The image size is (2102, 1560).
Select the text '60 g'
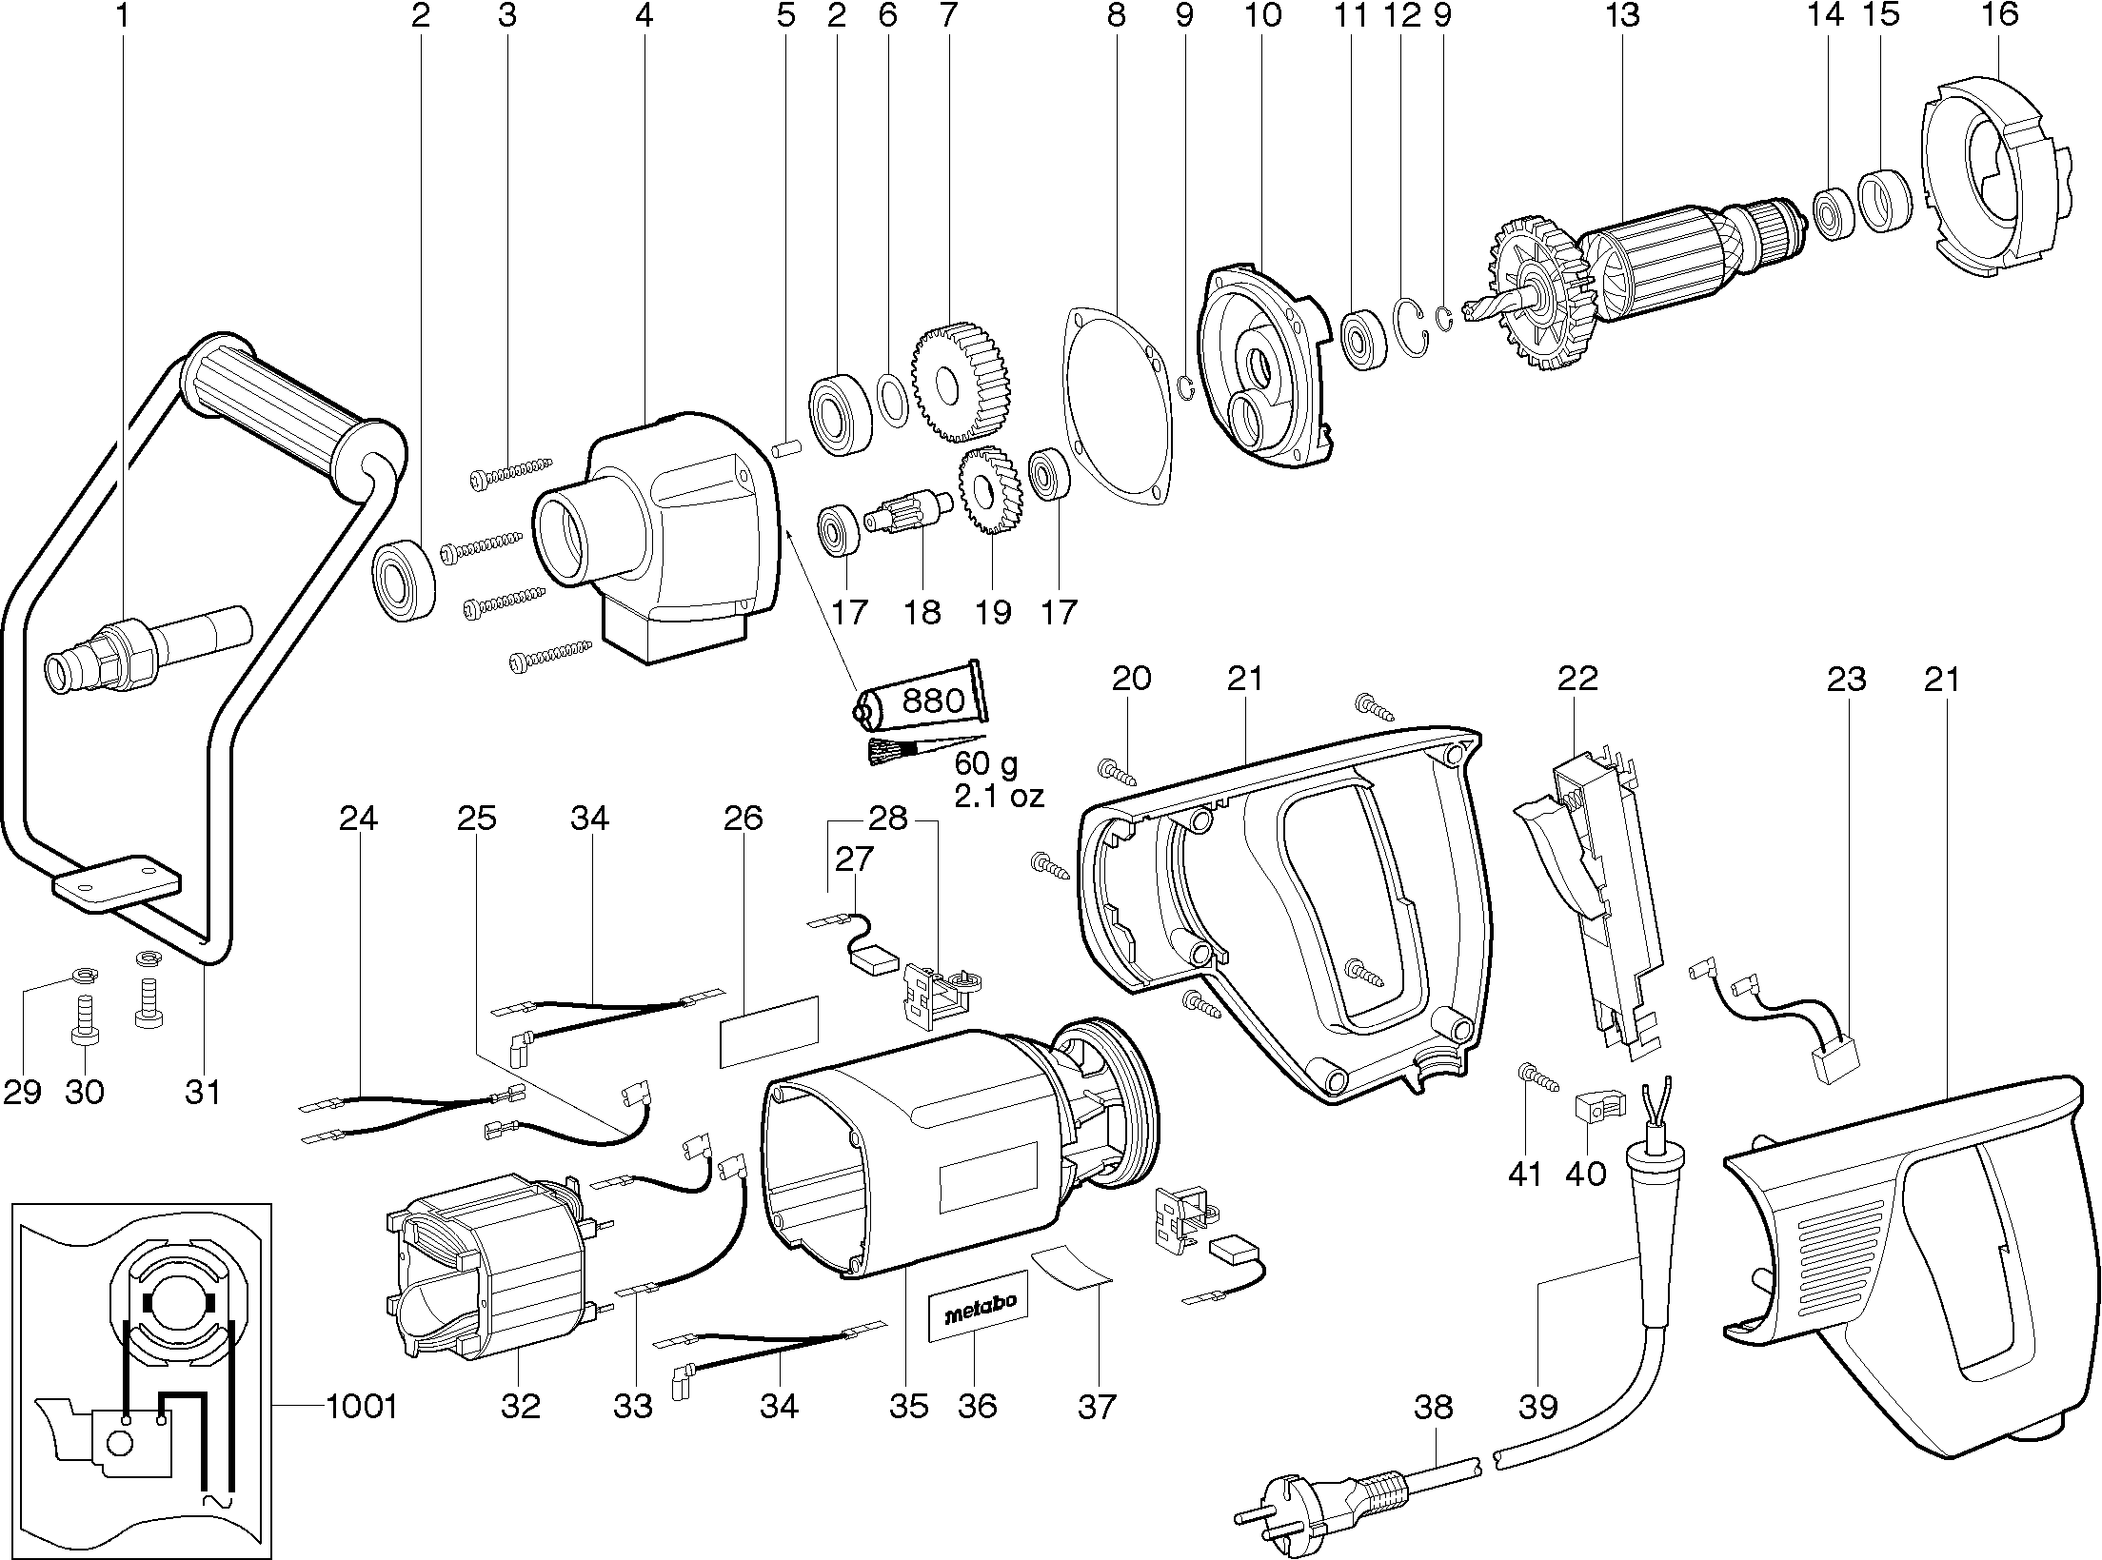click(985, 763)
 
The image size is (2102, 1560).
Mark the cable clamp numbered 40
click(1597, 1108)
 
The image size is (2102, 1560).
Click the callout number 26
click(743, 818)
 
